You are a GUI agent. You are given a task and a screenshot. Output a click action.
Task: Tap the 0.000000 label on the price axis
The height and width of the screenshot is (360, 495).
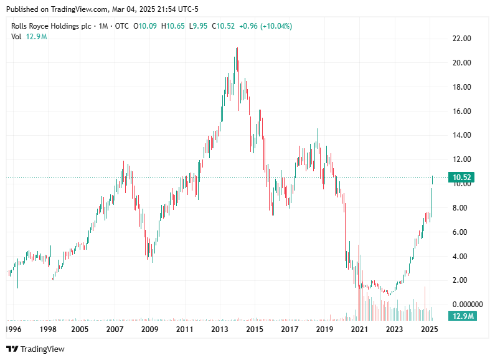point(466,304)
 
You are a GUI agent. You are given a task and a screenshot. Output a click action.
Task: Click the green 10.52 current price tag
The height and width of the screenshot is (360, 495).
point(464,178)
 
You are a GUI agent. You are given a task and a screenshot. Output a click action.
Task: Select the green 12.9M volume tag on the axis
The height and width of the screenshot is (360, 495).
point(464,316)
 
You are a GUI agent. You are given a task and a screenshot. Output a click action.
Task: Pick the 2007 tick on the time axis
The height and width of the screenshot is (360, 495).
point(115,328)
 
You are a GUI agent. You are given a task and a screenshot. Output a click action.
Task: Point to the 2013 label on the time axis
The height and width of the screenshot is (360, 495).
point(220,328)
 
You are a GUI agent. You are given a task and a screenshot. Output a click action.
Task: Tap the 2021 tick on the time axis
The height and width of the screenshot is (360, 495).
point(358,328)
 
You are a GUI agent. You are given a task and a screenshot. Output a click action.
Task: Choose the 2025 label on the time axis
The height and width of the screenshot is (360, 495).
point(428,328)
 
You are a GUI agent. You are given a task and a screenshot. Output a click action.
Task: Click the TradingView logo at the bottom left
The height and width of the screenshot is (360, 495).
point(35,349)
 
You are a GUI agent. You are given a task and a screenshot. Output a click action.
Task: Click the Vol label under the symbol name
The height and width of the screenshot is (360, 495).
point(16,37)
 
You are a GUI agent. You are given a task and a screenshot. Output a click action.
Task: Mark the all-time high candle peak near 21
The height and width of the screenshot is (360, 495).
point(237,49)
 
